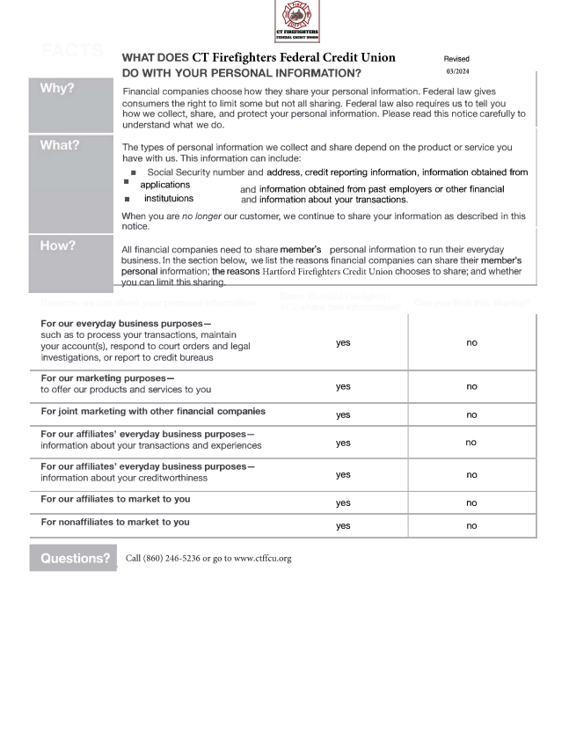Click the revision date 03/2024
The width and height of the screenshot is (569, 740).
tap(457, 71)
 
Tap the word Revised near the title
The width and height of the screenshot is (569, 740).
tap(456, 59)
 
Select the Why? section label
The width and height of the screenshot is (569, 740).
tap(57, 89)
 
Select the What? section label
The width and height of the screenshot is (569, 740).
tap(59, 145)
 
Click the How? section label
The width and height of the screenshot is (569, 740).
tap(58, 245)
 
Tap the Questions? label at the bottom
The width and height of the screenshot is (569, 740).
tap(75, 558)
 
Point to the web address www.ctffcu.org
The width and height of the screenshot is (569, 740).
tap(262, 559)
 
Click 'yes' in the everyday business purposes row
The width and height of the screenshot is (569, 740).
tap(343, 342)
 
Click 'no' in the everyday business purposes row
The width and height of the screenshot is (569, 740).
tap(471, 342)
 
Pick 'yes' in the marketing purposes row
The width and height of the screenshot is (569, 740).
tap(343, 386)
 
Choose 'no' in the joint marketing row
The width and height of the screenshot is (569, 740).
tap(471, 414)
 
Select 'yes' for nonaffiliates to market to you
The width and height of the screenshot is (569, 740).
tap(343, 525)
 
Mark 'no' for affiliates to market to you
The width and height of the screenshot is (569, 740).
tap(471, 502)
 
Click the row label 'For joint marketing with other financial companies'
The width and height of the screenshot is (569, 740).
tap(153, 411)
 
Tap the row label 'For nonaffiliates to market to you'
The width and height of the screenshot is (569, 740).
tap(115, 522)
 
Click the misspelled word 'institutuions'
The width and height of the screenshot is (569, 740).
tap(169, 199)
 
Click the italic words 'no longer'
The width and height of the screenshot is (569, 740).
tap(199, 216)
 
